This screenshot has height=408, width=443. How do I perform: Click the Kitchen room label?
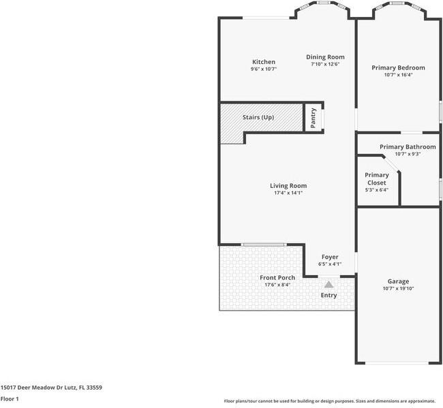(x=263, y=62)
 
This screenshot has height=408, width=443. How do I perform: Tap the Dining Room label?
(x=325, y=57)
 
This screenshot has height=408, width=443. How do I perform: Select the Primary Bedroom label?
(x=398, y=67)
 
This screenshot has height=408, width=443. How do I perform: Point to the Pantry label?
(x=313, y=119)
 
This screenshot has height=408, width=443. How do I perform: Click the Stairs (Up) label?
(x=258, y=118)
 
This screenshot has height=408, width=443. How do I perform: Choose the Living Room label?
(x=288, y=185)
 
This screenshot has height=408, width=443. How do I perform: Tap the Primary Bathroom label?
(x=408, y=146)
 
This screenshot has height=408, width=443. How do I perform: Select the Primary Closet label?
(x=376, y=179)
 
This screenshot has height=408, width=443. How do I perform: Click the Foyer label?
(x=330, y=257)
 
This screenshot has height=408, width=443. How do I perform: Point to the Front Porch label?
(x=277, y=277)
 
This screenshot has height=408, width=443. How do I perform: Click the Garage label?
(x=398, y=281)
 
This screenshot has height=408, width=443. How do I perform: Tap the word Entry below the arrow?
(x=329, y=295)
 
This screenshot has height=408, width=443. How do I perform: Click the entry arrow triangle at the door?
(x=329, y=285)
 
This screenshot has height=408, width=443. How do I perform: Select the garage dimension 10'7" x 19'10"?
(x=398, y=289)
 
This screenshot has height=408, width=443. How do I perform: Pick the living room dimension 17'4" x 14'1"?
(x=288, y=193)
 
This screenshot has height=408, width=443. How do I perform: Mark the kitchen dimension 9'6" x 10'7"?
(x=263, y=69)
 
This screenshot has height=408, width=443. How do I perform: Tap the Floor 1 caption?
(x=10, y=398)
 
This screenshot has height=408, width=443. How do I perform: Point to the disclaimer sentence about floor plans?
(x=329, y=401)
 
